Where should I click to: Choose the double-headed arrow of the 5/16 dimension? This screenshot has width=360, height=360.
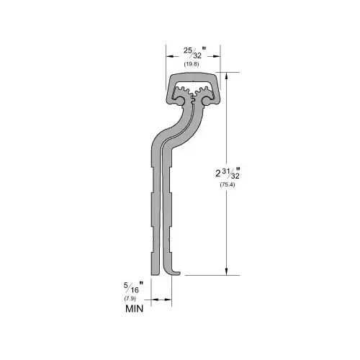pos(162,298)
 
